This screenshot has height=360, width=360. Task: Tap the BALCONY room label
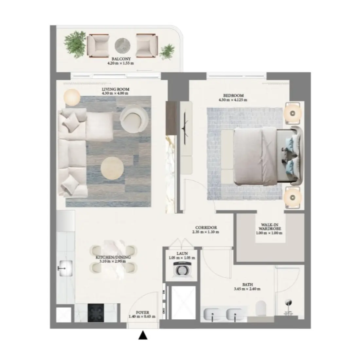click(x=120, y=59)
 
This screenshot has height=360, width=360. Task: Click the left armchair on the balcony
click(x=97, y=45)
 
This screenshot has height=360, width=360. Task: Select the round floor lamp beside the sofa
click(x=71, y=97)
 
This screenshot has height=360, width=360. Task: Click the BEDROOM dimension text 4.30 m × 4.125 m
click(x=233, y=100)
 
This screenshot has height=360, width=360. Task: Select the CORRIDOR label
click(x=206, y=228)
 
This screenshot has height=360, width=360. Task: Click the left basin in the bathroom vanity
click(x=212, y=315)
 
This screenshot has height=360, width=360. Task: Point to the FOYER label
click(x=142, y=313)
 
